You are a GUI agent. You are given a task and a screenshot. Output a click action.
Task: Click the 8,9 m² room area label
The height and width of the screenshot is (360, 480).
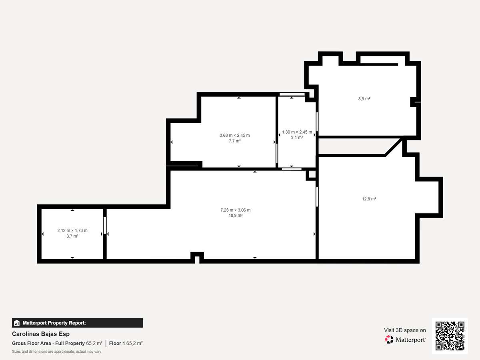364,99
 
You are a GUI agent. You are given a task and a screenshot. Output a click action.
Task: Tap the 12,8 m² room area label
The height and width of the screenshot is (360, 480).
369,199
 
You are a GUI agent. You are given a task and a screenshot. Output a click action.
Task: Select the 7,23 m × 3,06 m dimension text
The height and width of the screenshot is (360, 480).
236,210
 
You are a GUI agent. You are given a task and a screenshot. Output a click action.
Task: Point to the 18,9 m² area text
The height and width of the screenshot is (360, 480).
236,216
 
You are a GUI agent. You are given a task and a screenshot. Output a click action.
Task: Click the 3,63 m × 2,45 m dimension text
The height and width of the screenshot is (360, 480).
235,135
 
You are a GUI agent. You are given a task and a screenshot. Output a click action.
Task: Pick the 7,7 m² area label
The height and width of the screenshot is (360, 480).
235,141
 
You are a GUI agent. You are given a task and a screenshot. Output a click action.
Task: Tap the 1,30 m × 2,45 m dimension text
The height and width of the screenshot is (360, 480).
297,132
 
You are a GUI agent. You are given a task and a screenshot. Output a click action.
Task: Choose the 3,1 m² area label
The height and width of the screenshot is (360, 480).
297,138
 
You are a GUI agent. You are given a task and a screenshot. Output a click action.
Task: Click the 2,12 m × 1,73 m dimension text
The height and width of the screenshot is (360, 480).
72,230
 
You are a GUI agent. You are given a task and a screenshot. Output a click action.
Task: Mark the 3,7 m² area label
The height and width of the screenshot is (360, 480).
72,236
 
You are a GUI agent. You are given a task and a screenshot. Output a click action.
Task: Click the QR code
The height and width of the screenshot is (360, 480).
450,336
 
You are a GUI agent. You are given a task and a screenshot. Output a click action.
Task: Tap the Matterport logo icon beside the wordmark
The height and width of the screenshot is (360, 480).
389,340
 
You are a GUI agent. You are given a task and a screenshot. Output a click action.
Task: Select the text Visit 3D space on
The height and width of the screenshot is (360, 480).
405,330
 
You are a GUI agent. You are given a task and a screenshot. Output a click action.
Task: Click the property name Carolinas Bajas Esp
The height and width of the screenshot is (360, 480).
41,334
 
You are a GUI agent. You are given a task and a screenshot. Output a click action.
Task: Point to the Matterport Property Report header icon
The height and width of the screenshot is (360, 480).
17,323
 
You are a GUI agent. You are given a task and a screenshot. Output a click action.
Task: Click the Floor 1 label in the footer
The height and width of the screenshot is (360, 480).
117,343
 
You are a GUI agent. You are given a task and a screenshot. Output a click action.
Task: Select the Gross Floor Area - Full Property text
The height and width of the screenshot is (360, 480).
48,343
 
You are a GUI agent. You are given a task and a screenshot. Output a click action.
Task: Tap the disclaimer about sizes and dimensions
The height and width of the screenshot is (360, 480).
57,352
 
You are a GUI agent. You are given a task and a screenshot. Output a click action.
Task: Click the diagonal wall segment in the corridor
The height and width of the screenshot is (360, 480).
394,147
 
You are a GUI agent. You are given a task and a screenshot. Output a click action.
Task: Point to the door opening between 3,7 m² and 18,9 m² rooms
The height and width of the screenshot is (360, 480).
105,225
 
